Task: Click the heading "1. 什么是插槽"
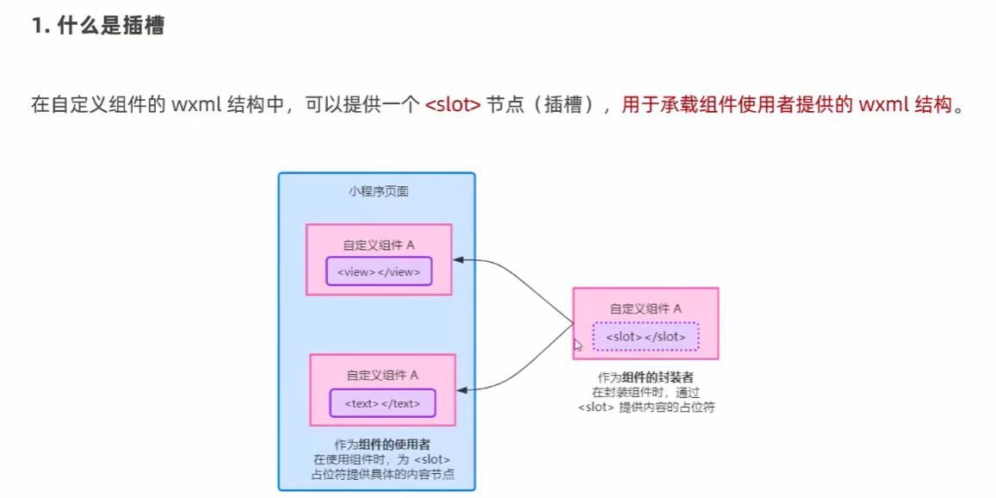[x=97, y=26]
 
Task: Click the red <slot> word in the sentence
[x=452, y=106]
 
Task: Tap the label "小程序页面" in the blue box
[x=379, y=191]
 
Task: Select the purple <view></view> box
[x=379, y=272]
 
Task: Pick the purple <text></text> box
[x=382, y=403]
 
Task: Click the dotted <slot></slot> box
[x=646, y=337]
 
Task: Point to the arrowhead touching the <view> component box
[x=460, y=259]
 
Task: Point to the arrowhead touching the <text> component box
[x=461, y=390]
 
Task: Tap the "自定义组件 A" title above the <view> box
[x=379, y=245]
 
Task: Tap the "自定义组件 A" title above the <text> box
[x=382, y=375]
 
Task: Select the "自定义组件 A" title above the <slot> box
[x=646, y=308]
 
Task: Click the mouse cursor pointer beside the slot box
[x=578, y=344]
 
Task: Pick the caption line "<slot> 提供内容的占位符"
[x=646, y=408]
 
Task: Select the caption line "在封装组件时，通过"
[x=646, y=392]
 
